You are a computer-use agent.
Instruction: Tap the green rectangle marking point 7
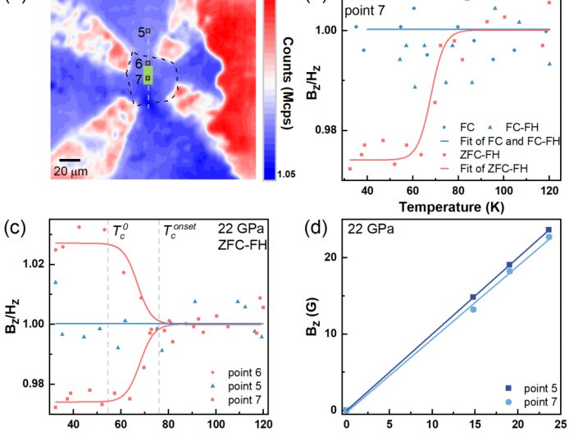click(148, 76)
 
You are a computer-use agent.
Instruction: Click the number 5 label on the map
click(141, 32)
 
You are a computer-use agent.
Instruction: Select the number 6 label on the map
click(139, 63)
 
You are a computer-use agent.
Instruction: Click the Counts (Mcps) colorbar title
click(292, 75)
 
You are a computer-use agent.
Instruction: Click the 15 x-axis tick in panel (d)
click(473, 425)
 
